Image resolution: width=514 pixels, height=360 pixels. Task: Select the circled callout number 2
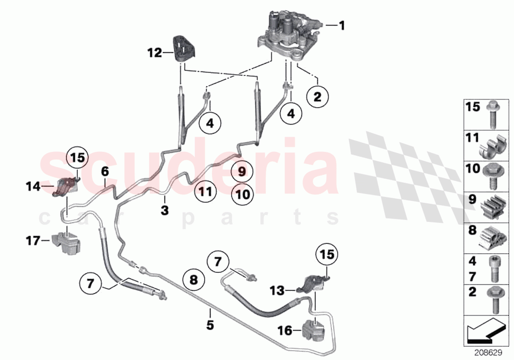[x=317, y=97]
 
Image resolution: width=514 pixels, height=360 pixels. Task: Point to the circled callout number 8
[x=193, y=280]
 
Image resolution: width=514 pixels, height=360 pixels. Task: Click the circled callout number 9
[x=242, y=171]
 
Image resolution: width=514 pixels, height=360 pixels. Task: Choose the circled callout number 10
[x=242, y=194]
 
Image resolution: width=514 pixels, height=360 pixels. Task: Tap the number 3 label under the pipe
[x=165, y=211]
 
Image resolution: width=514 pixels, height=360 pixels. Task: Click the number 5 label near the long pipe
[x=210, y=325]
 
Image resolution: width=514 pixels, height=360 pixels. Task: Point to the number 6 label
[x=105, y=171]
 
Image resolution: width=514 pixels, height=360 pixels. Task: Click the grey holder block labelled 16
[x=314, y=331]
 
